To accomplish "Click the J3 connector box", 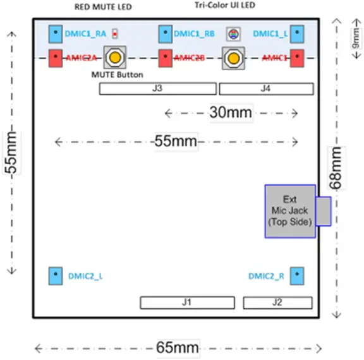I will pyautogui.click(x=158, y=89).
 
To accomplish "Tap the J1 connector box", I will pyautogui.click(x=186, y=303).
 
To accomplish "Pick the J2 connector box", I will pyautogui.click(x=276, y=303).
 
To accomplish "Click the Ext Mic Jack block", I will pyautogui.click(x=289, y=212).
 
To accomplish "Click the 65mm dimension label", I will pyautogui.click(x=178, y=347).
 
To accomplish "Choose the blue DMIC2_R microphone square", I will pyautogui.click(x=297, y=276).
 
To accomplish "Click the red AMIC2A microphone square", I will pyautogui.click(x=56, y=58).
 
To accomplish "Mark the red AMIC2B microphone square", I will pyautogui.click(x=166, y=58).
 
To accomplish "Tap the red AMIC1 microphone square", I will pyautogui.click(x=297, y=58).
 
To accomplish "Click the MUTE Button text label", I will pyautogui.click(x=118, y=75).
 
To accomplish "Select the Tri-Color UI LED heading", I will pyautogui.click(x=226, y=6).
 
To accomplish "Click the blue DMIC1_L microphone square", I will pyautogui.click(x=297, y=33).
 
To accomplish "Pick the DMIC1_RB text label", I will pyautogui.click(x=193, y=33).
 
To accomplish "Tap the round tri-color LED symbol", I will pyautogui.click(x=233, y=33).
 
